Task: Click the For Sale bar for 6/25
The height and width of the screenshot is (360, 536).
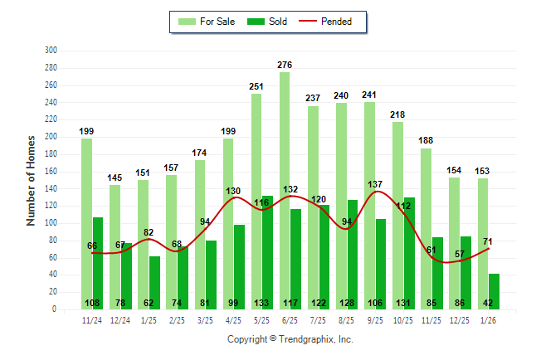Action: [285, 191]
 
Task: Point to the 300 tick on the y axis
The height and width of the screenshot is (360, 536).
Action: [51, 51]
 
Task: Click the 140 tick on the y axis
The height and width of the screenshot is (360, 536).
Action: [51, 188]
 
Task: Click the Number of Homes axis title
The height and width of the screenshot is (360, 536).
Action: [31, 180]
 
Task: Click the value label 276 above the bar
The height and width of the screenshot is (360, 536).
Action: [285, 64]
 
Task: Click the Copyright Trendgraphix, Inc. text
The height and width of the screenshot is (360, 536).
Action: [290, 339]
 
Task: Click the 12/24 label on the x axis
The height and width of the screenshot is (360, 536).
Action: [120, 319]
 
